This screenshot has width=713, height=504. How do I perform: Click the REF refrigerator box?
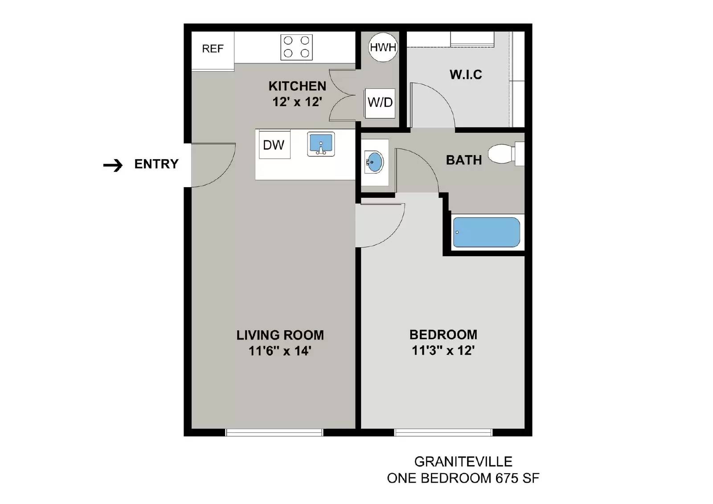pos(213,49)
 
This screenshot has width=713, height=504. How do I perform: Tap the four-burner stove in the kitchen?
pos(296,47)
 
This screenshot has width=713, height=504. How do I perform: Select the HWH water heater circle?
pos(383,47)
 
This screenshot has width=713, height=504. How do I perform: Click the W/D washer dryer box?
pos(380,103)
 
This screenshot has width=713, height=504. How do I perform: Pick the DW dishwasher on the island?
pos(274,145)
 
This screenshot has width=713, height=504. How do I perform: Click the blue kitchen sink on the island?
pos(321,144)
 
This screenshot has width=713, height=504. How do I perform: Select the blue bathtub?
pos(486,232)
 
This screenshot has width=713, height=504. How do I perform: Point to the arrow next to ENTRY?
pos(113,165)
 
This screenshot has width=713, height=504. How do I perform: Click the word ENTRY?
pos(156,164)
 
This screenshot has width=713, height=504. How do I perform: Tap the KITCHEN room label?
pos(297,86)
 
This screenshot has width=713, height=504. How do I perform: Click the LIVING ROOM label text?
pos(280,335)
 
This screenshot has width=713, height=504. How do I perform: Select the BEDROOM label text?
pos(443,335)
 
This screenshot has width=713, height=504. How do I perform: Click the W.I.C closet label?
pos(466,75)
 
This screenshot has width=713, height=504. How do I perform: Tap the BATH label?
pos(464,160)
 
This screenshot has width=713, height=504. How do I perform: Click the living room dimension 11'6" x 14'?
pos(279,351)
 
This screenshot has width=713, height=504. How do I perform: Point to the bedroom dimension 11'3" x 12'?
pos(443,351)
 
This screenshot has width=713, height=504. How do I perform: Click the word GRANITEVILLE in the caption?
pos(463,462)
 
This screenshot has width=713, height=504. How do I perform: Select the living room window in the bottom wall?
pos(274,432)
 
